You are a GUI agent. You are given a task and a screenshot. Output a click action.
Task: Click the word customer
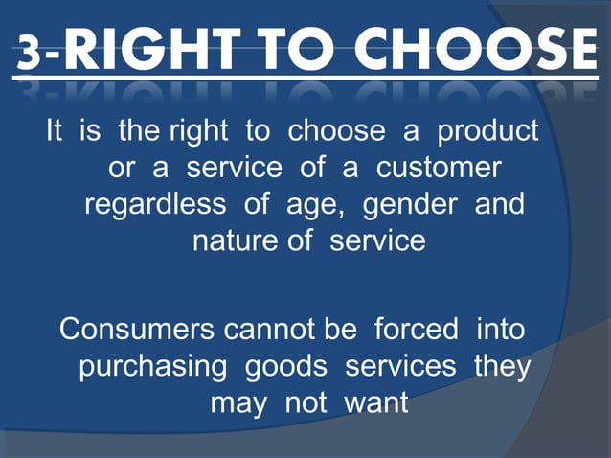[439, 168]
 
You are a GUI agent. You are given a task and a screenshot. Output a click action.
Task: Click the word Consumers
[137, 330]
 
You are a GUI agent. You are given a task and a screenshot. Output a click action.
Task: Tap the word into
[500, 330]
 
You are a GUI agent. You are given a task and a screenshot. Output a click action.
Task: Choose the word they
[502, 368]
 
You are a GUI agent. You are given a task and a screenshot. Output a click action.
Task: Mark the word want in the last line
[375, 403]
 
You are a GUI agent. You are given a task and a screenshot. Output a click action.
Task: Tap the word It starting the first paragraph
[57, 130]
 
